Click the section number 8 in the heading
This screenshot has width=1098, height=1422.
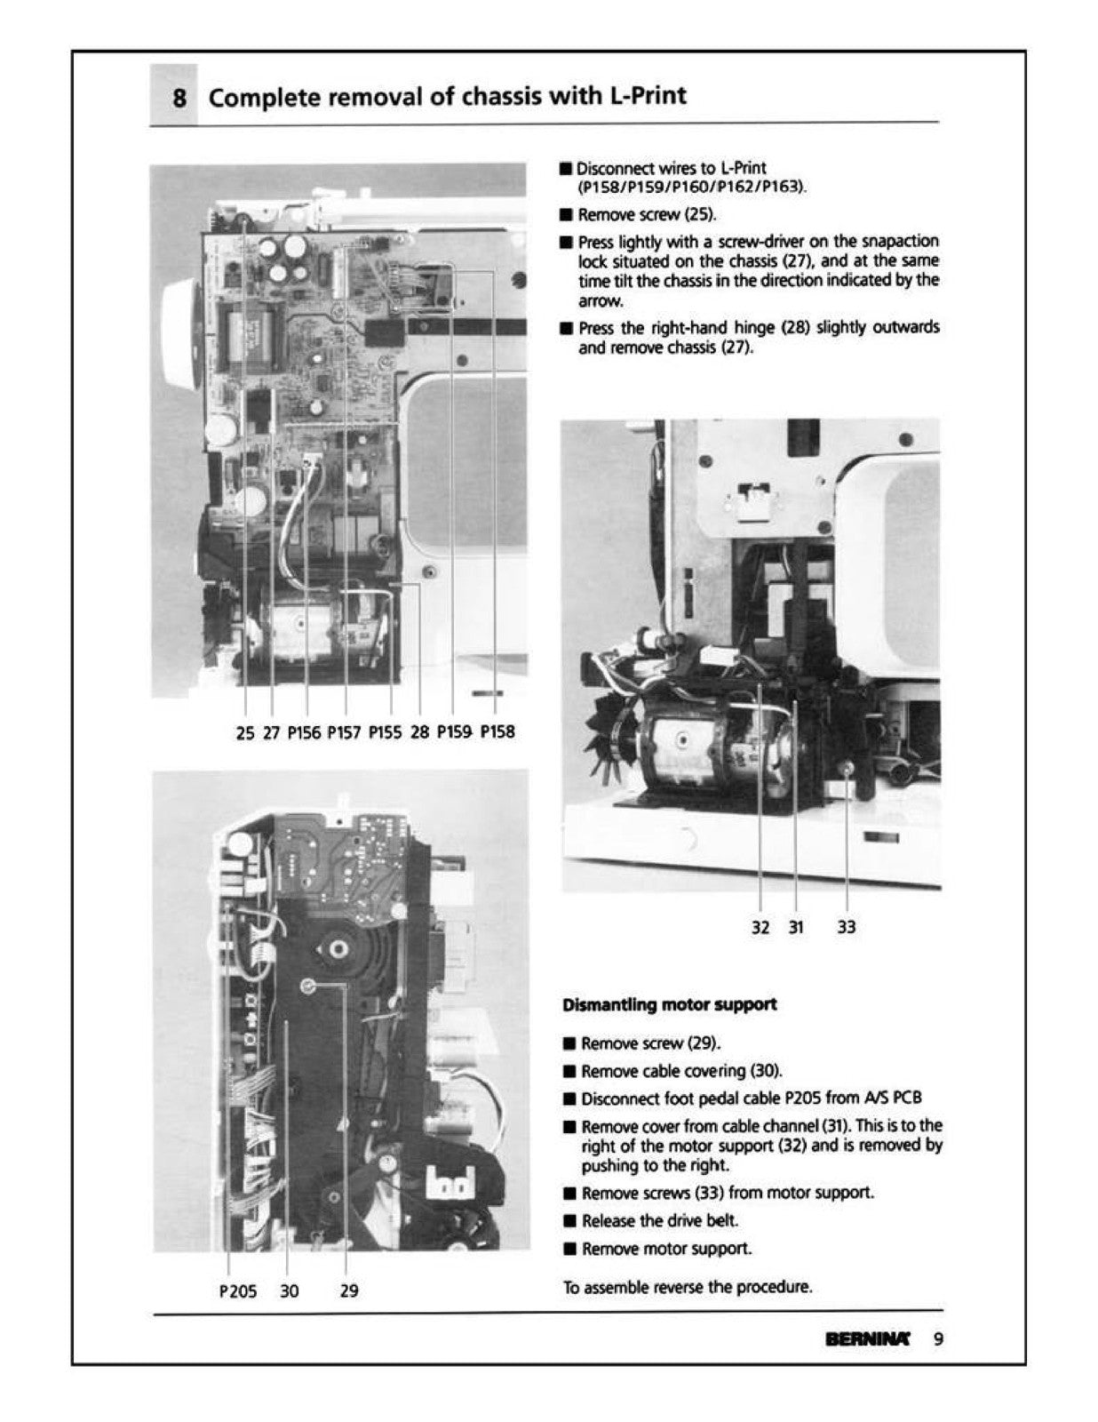pos(179,97)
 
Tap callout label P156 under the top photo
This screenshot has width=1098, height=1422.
pos(305,731)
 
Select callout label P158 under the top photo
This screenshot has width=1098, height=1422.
pos(497,731)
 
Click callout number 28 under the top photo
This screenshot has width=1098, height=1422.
pos(420,731)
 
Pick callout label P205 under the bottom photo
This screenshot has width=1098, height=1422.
pos(237,1290)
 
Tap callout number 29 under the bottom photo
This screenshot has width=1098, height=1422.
pos(349,1290)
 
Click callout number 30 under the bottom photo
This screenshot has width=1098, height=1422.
pos(290,1290)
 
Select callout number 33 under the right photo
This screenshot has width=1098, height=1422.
pos(847,927)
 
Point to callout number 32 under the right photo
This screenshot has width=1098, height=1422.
pos(760,927)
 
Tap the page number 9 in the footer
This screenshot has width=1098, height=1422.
pos(938,1338)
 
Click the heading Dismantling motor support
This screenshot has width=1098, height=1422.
pos(670,1004)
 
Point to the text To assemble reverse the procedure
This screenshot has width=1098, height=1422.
pos(688,1287)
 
